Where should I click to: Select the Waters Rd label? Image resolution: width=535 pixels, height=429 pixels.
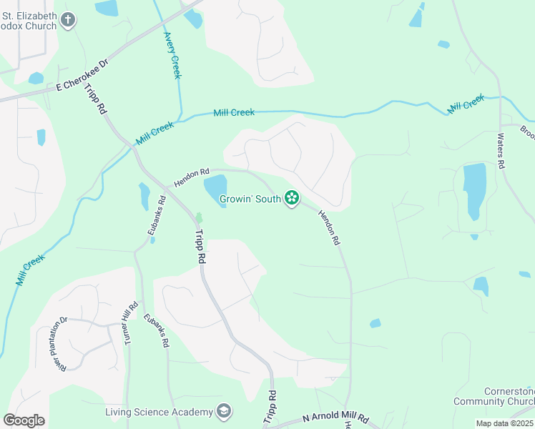click(x=501, y=150)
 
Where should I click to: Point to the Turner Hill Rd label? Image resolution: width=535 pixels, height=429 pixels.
click(x=131, y=323)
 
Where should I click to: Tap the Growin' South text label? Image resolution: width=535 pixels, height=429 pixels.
click(x=249, y=199)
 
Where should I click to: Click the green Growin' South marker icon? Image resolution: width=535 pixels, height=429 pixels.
click(x=292, y=198)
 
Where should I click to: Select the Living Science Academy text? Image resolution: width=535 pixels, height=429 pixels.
click(x=159, y=412)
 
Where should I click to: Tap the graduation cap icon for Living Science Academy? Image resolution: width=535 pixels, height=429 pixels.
click(x=225, y=412)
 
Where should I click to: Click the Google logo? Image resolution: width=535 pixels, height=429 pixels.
click(x=24, y=420)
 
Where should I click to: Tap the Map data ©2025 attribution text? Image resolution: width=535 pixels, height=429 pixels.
click(x=505, y=423)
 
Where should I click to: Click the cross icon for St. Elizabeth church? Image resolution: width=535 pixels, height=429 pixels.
click(x=69, y=19)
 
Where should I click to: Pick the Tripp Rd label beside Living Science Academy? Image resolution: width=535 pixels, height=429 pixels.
click(x=271, y=406)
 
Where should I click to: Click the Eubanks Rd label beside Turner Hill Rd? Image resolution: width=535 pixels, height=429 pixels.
click(x=156, y=330)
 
